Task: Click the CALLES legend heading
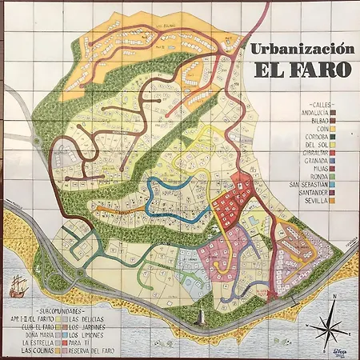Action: click(x=324, y=105)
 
